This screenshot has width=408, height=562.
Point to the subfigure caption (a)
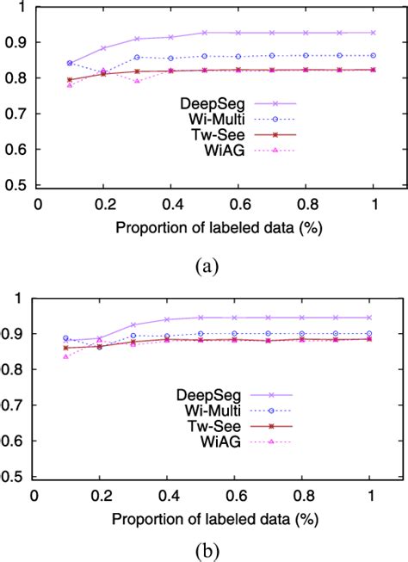(205, 267)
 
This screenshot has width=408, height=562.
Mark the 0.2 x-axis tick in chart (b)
(100, 495)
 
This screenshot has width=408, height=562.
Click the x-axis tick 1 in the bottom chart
(370, 495)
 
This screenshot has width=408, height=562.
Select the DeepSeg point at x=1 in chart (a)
(372, 33)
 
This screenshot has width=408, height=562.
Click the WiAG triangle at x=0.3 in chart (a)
(137, 81)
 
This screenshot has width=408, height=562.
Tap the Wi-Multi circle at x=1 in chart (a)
(372, 55)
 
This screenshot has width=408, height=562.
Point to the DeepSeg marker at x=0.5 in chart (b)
(201, 318)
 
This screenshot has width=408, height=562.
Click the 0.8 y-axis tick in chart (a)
(17, 78)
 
